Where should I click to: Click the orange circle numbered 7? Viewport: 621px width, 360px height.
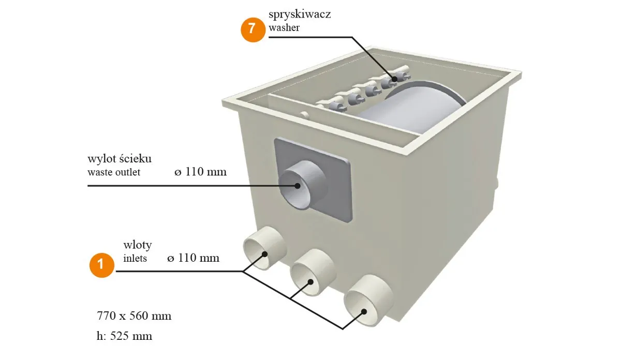253,28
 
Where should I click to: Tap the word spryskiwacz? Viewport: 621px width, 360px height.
300,14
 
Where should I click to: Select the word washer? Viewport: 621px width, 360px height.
284,28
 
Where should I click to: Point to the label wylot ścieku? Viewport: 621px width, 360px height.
120,158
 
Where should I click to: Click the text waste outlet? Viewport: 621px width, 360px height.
114,172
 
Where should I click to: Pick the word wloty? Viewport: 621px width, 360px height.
137,244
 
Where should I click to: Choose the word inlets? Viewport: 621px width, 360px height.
135,258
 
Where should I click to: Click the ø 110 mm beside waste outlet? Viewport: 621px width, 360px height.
200,172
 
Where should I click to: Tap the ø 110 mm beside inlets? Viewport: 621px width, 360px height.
193,258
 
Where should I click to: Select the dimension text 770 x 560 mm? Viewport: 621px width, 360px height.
134,316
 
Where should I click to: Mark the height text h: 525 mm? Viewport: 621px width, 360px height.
124,336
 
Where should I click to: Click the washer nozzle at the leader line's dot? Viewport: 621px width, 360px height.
393,79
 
